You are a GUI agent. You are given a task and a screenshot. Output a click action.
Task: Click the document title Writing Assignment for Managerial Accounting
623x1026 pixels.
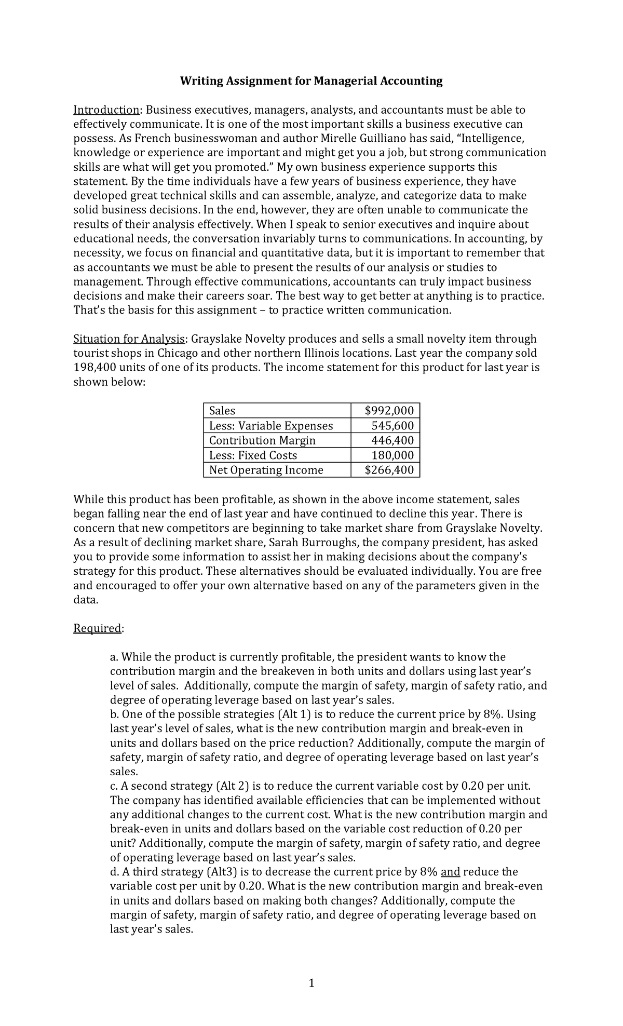coord(311,81)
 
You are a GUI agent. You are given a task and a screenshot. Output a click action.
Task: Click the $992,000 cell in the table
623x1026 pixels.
coord(389,411)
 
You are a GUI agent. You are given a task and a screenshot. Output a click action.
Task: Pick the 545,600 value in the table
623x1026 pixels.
coord(392,426)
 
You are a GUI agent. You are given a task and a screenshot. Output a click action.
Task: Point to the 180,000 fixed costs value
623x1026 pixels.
coord(392,455)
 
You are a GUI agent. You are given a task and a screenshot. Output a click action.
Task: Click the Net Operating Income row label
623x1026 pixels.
coord(266,470)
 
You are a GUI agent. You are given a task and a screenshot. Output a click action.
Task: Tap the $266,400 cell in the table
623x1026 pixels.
coord(389,470)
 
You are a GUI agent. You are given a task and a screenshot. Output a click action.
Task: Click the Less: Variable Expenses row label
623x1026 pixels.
coord(270,426)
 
